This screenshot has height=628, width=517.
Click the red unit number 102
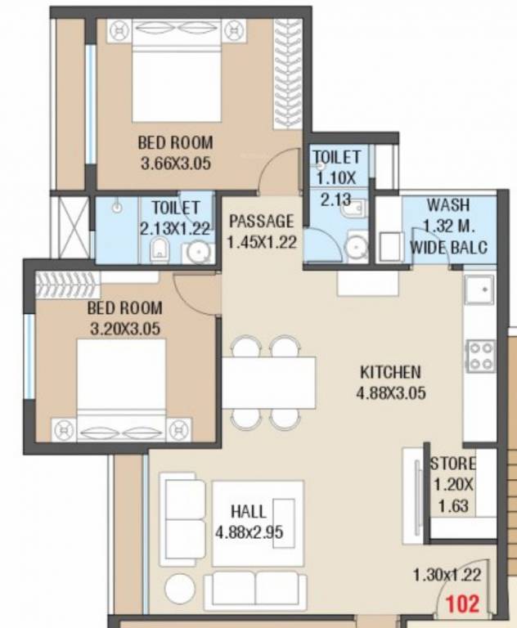[x=461, y=606]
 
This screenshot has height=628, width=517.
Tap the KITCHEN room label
[x=390, y=373]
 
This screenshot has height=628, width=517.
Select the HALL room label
[x=248, y=512]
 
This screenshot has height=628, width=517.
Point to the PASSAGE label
[x=261, y=221]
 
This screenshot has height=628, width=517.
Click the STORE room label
[x=453, y=464]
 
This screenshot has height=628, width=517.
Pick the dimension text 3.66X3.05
[x=176, y=163]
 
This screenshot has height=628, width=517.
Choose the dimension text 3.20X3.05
[x=124, y=329]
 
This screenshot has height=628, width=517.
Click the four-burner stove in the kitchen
[x=480, y=356]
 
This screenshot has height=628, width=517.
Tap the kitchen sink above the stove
[x=479, y=289]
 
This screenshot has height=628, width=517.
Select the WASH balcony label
[x=447, y=205]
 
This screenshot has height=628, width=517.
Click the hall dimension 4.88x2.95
[x=250, y=532]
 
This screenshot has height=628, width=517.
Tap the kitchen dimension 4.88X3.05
[x=390, y=393]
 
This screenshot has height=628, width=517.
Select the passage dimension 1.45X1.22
[x=261, y=241]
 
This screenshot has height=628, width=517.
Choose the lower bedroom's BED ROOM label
[x=124, y=308]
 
